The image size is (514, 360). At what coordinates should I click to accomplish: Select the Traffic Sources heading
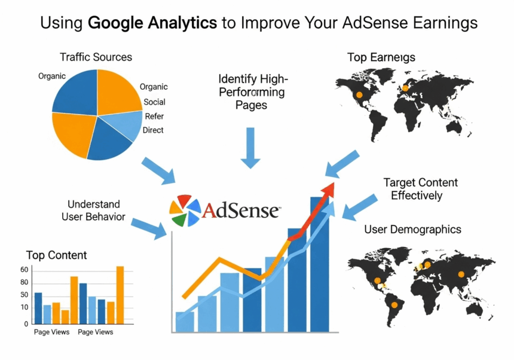pos(96,57)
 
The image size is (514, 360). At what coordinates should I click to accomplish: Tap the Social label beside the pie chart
pos(154,102)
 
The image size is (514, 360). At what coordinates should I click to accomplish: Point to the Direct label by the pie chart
pos(153,130)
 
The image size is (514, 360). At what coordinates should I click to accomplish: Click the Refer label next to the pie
pos(154,116)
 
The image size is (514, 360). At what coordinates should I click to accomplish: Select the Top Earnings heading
pos(381,57)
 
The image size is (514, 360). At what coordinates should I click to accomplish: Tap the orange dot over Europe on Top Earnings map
pos(405,89)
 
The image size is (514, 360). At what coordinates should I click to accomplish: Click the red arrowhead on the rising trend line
pos(327,190)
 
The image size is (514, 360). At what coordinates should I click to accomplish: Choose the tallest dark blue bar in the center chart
pos(319,263)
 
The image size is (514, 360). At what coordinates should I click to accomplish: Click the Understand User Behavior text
pos(93,210)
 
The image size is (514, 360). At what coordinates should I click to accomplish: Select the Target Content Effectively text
pos(420,188)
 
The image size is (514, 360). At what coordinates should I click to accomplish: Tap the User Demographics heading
pos(412,229)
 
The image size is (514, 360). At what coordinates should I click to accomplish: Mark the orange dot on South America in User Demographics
pos(394,304)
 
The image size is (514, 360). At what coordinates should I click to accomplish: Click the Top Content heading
pos(56,255)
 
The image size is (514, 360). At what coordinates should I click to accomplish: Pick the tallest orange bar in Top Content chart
pos(120,293)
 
